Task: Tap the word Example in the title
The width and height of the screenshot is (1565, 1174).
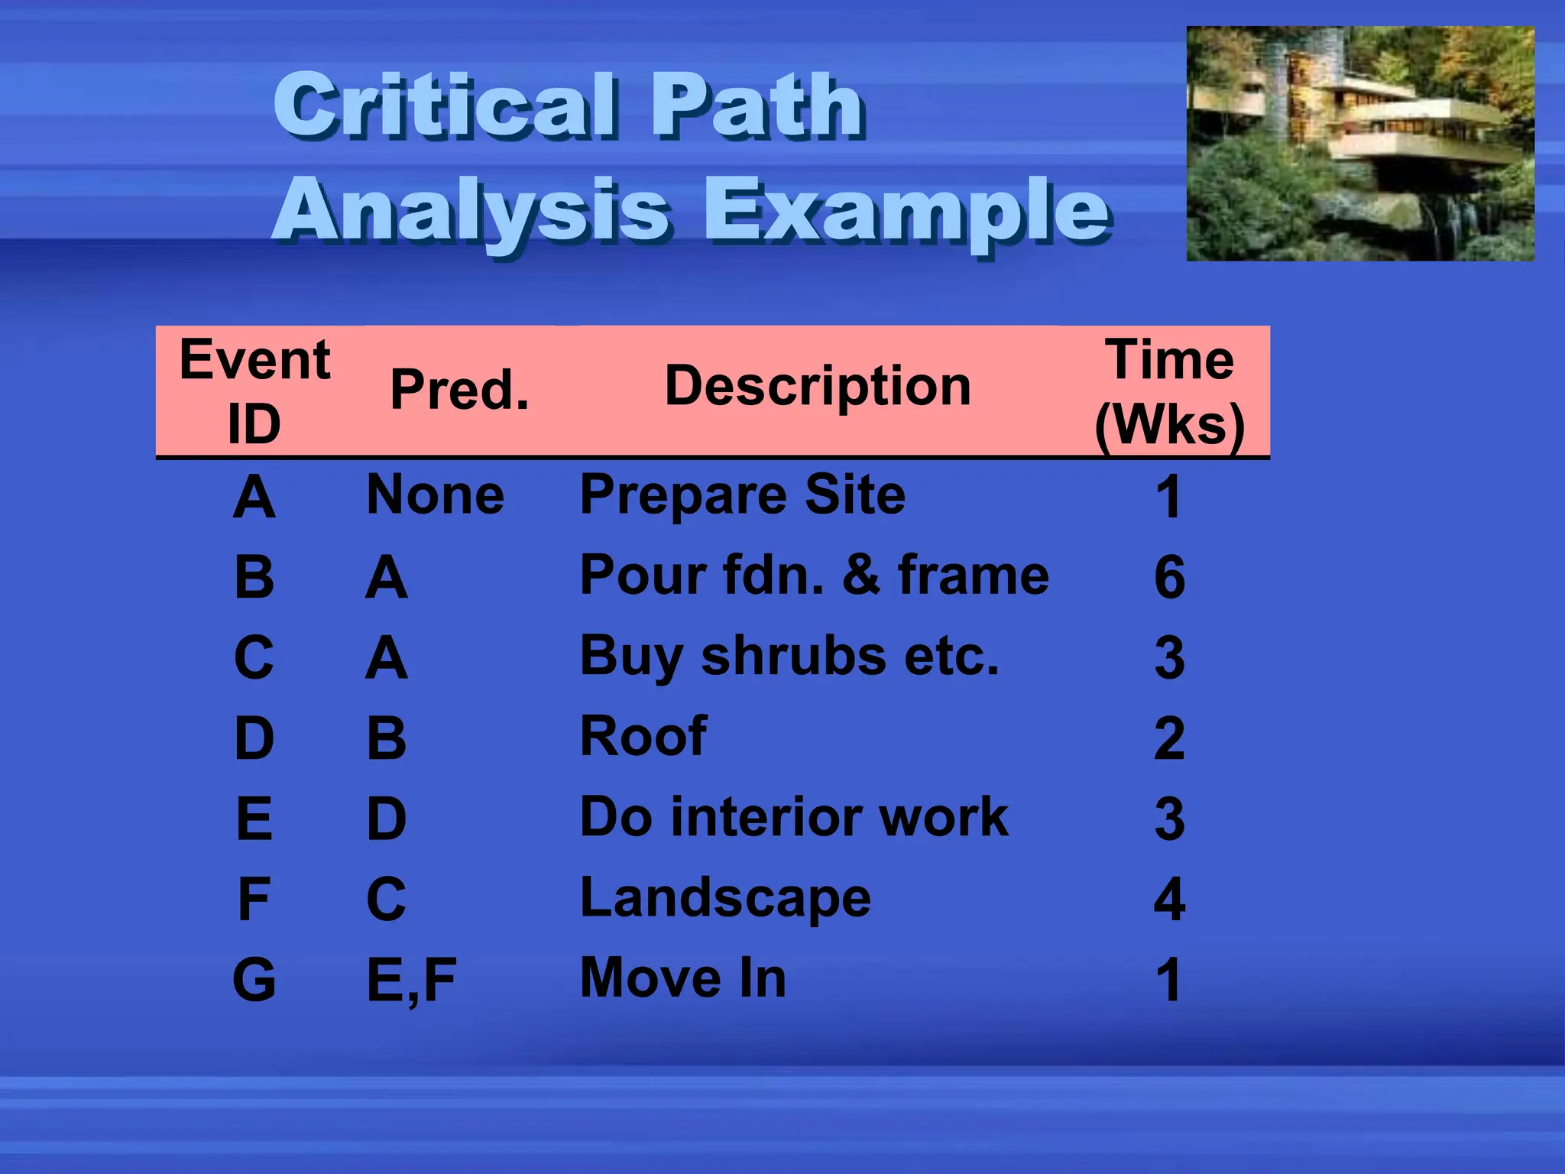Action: (x=906, y=210)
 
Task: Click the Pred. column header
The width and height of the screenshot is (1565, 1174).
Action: (x=459, y=390)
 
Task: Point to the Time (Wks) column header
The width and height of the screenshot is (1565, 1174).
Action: (x=1169, y=391)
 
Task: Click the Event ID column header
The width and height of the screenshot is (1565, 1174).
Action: (x=254, y=391)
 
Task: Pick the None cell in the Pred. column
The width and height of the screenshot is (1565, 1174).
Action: (x=436, y=495)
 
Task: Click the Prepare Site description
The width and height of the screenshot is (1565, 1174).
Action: (x=743, y=495)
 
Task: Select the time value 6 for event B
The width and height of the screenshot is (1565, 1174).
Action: (x=1169, y=578)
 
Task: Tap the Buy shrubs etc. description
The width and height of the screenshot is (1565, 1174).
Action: (x=789, y=657)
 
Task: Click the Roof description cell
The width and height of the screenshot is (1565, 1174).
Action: (x=643, y=737)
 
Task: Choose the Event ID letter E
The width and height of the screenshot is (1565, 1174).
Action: (x=254, y=819)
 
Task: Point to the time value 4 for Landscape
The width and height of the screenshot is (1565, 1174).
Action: (x=1169, y=900)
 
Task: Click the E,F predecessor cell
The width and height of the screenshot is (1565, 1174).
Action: (x=411, y=981)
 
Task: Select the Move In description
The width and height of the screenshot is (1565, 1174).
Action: (x=683, y=978)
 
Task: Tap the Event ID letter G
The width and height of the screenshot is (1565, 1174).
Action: (x=254, y=980)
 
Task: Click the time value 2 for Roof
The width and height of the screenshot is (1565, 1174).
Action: (x=1169, y=738)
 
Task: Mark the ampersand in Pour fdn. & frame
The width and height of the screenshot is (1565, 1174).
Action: (x=861, y=576)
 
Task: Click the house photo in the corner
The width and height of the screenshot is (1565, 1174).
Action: (x=1360, y=144)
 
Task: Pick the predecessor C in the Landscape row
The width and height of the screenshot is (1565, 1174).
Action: (x=386, y=900)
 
